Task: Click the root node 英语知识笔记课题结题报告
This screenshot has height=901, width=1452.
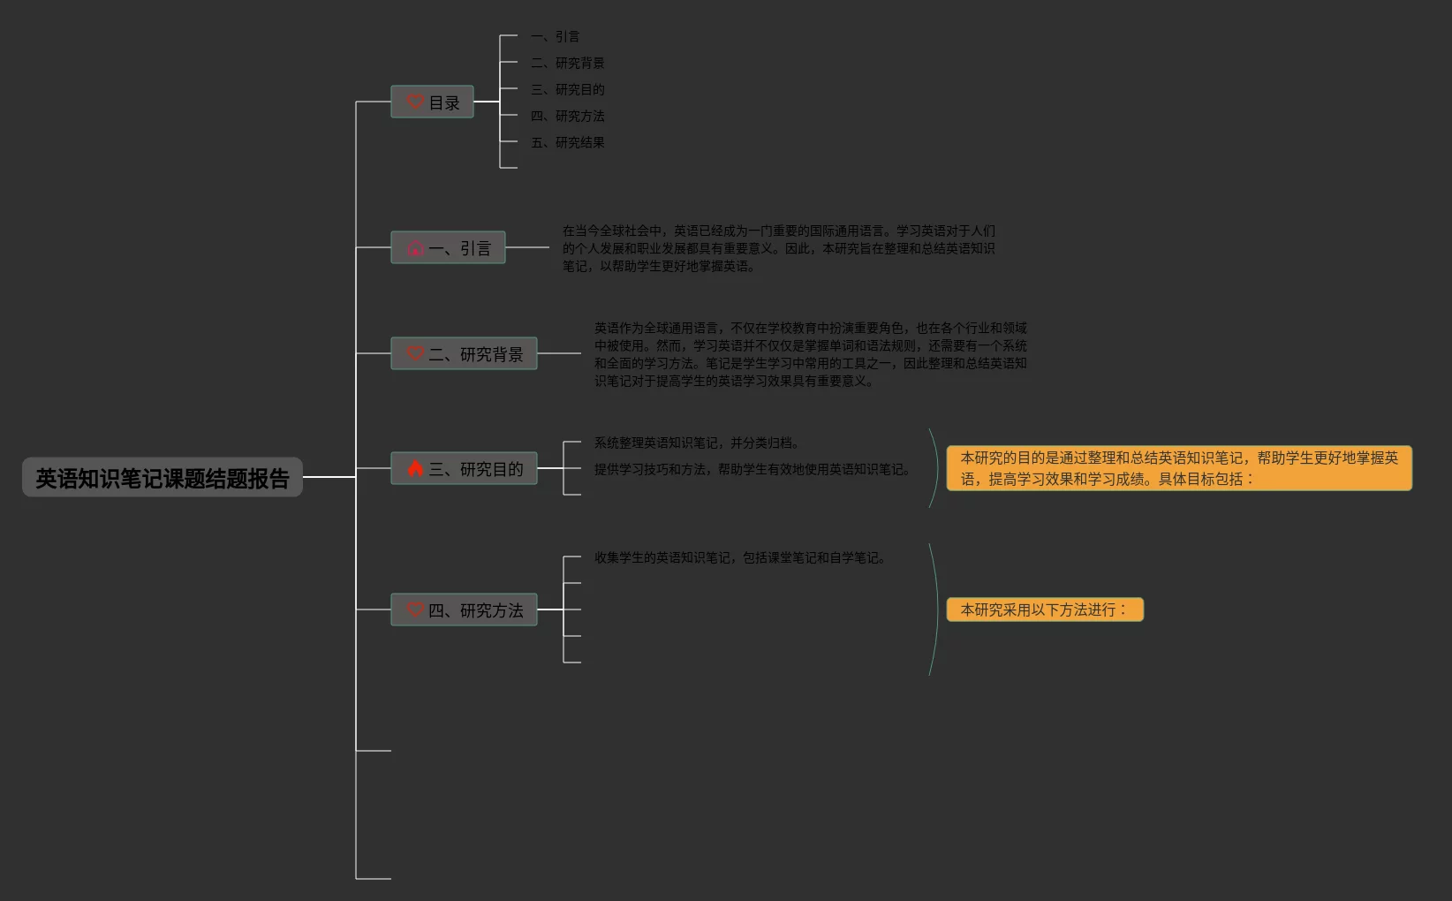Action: point(163,478)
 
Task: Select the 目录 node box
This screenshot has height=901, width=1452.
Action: point(432,102)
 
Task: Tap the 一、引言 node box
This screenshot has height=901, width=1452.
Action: point(448,248)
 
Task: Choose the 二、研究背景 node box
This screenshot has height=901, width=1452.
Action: point(464,354)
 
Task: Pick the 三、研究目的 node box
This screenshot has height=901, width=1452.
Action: point(464,468)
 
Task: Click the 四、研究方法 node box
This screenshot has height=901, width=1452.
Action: point(464,609)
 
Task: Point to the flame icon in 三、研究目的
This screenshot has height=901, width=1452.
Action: point(415,468)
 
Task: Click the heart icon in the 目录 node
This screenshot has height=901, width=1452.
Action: point(415,102)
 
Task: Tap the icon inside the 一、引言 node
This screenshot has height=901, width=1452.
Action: point(415,248)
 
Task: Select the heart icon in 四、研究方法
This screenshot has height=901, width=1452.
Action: point(415,609)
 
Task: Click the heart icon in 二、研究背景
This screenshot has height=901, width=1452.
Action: point(415,353)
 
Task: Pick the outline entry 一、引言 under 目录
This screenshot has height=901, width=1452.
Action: point(555,36)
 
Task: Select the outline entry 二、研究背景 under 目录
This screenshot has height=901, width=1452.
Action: point(567,63)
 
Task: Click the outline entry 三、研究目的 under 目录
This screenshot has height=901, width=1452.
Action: point(567,89)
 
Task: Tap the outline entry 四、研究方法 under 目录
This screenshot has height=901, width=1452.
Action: point(567,116)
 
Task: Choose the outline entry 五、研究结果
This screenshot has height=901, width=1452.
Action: point(567,142)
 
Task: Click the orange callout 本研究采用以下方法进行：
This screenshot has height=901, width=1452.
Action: point(1045,609)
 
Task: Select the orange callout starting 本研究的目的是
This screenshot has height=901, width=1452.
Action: point(1179,468)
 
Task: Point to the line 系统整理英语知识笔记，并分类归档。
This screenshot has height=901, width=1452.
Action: point(698,443)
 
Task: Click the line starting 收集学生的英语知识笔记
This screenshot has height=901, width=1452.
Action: point(740,557)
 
